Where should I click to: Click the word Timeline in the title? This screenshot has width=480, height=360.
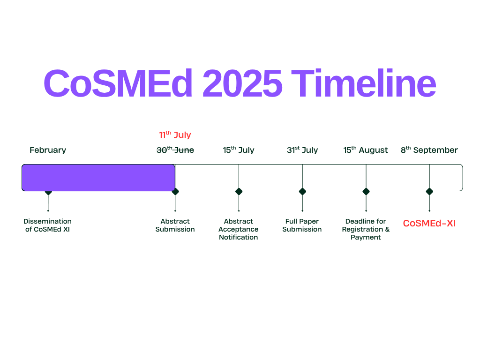tap(363, 83)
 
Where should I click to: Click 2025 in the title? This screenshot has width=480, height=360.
tap(242, 83)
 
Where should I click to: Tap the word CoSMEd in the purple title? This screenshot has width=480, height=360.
tap(118, 83)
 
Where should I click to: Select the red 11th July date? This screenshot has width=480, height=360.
tap(175, 135)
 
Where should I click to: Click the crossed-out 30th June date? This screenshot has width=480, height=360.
tap(175, 150)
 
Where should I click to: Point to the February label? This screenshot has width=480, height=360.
tap(48, 150)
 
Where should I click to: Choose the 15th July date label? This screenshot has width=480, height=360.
tap(239, 150)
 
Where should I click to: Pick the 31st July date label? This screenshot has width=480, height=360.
tap(302, 150)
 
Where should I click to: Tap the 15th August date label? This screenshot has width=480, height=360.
tap(366, 150)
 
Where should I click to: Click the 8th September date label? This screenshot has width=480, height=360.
tap(429, 150)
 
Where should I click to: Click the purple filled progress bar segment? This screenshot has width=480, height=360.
tap(98, 178)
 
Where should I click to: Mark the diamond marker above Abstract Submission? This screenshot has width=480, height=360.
tap(175, 192)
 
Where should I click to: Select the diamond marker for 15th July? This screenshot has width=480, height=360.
tap(239, 192)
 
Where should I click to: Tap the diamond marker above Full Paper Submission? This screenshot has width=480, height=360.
tap(302, 192)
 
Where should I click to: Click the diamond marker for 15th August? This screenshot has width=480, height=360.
tap(366, 192)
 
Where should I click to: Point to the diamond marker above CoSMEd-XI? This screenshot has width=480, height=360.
tap(429, 192)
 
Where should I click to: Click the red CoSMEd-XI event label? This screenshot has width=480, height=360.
tap(429, 223)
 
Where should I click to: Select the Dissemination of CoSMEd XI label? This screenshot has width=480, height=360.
tap(47, 225)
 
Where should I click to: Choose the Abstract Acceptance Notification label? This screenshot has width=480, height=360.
tap(239, 229)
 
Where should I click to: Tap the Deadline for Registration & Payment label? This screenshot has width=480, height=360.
tap(366, 229)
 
